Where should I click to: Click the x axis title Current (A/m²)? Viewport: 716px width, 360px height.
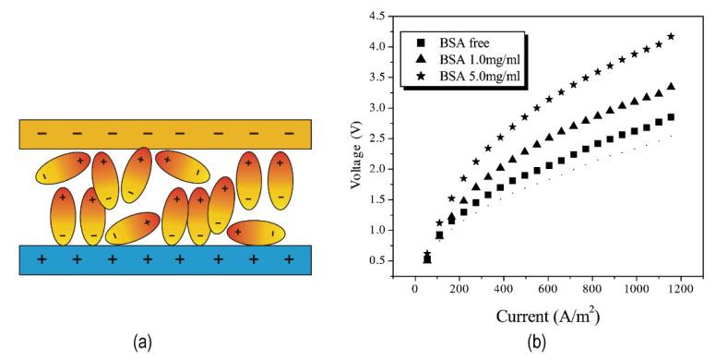548,317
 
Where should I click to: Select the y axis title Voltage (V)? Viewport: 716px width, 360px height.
355,138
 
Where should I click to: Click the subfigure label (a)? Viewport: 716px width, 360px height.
141,343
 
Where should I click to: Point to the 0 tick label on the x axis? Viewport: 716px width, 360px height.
416,290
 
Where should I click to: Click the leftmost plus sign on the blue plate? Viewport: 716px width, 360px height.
42,260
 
